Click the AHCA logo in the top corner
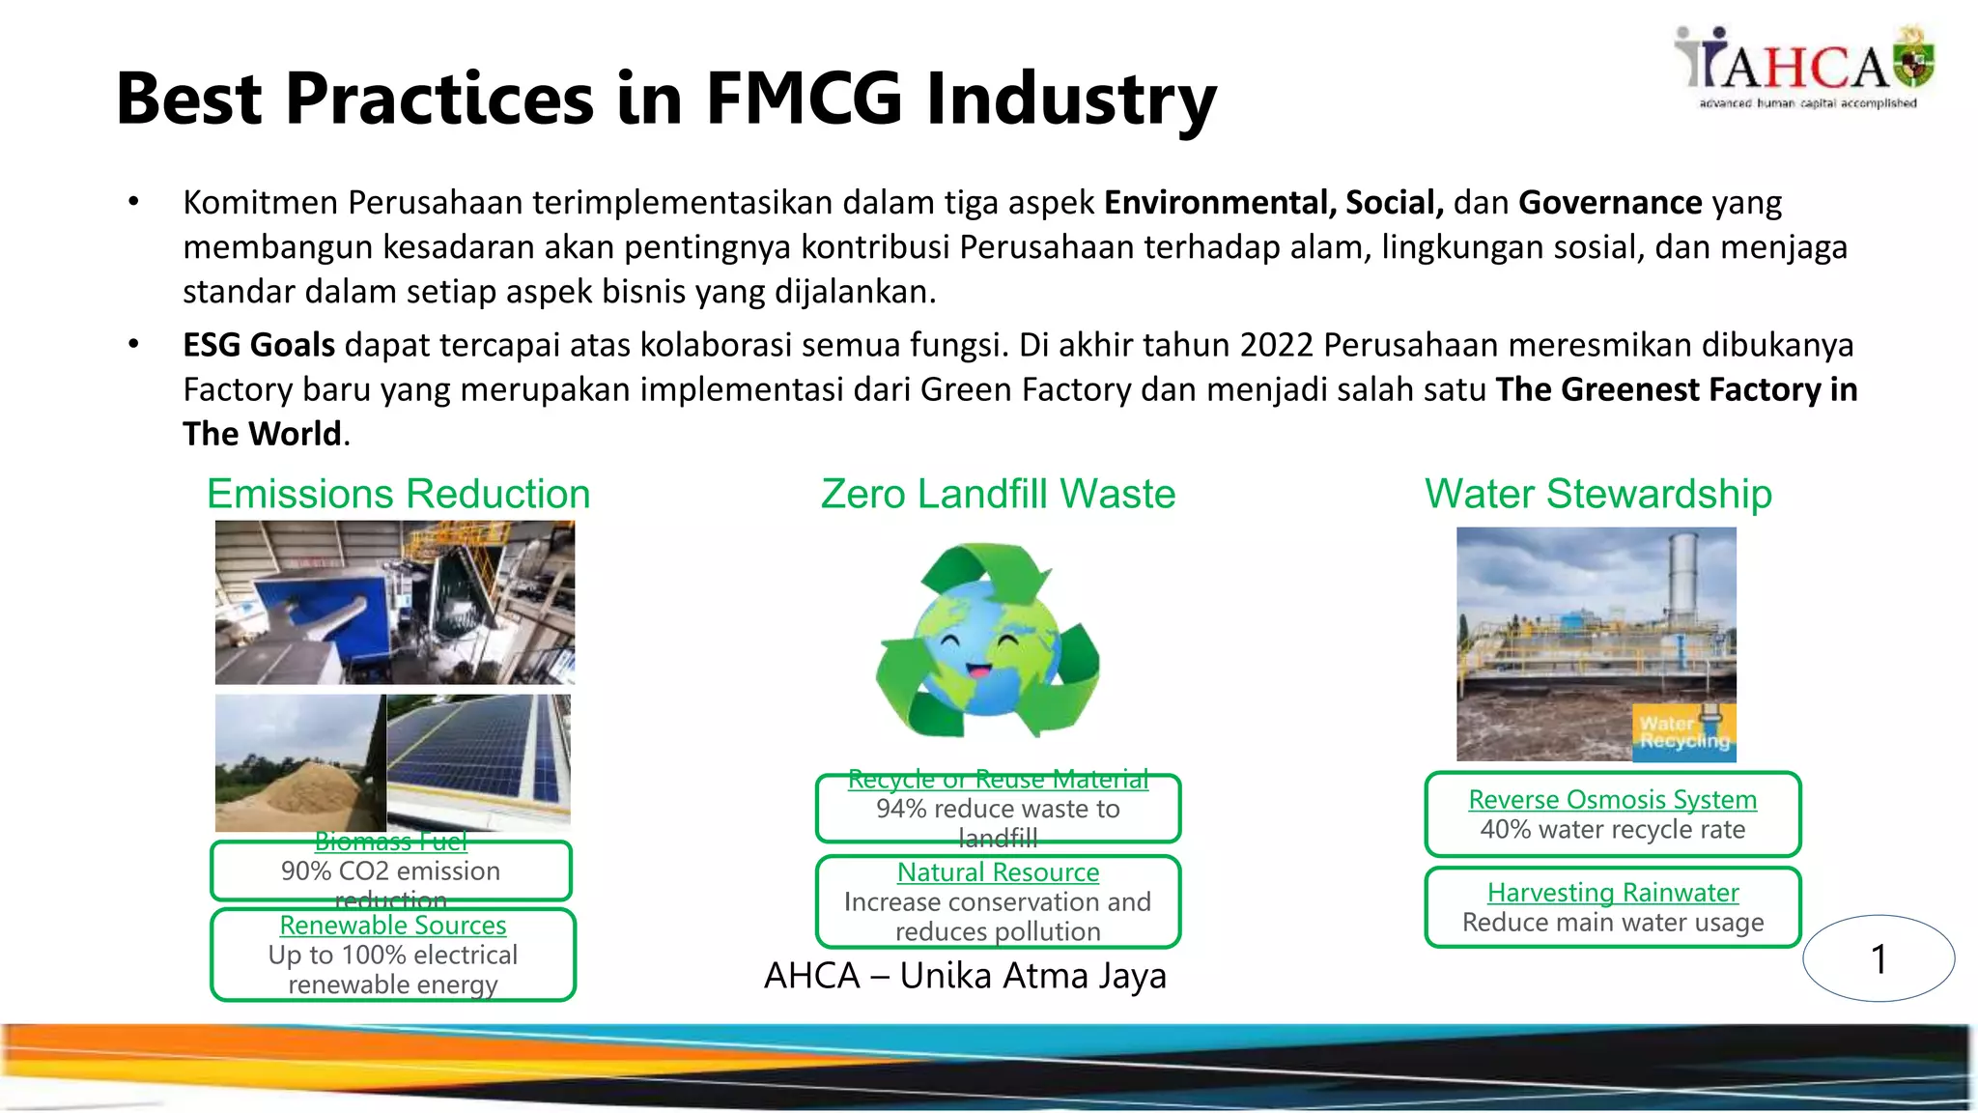(1804, 68)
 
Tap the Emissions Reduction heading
(398, 495)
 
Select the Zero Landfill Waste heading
(998, 495)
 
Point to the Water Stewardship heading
(1598, 495)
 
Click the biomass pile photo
(299, 763)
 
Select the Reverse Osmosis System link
(1612, 800)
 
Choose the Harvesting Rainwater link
(1612, 893)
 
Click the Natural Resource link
(998, 872)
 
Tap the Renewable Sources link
(392, 926)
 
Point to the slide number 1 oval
(1879, 958)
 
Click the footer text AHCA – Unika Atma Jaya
(965, 976)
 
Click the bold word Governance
(1610, 203)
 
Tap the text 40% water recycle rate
(1612, 830)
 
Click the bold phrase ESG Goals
(259, 345)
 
